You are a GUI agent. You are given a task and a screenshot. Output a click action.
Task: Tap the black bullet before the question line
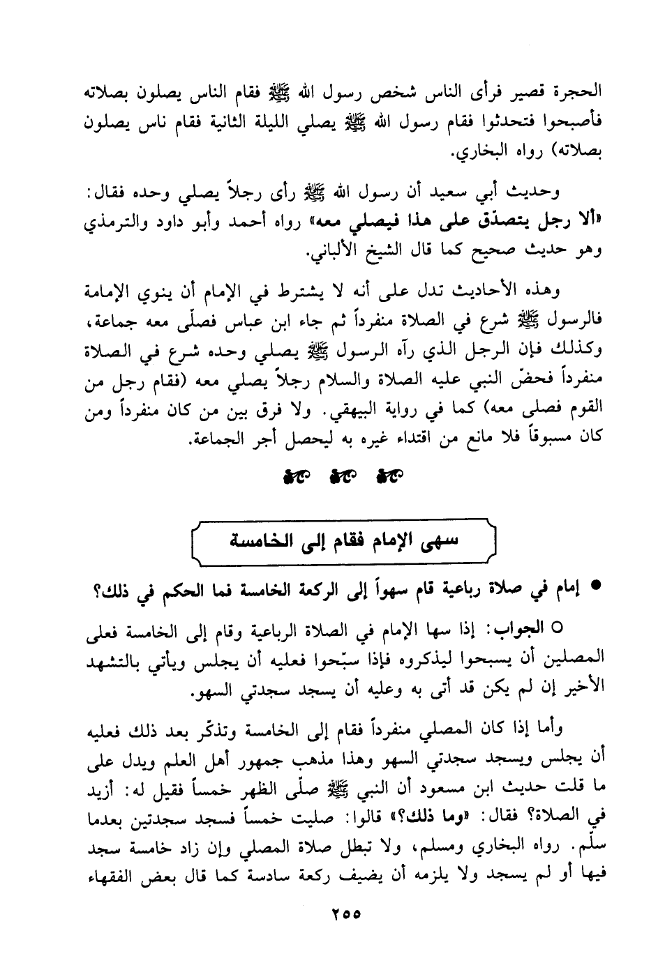pos(596,587)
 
